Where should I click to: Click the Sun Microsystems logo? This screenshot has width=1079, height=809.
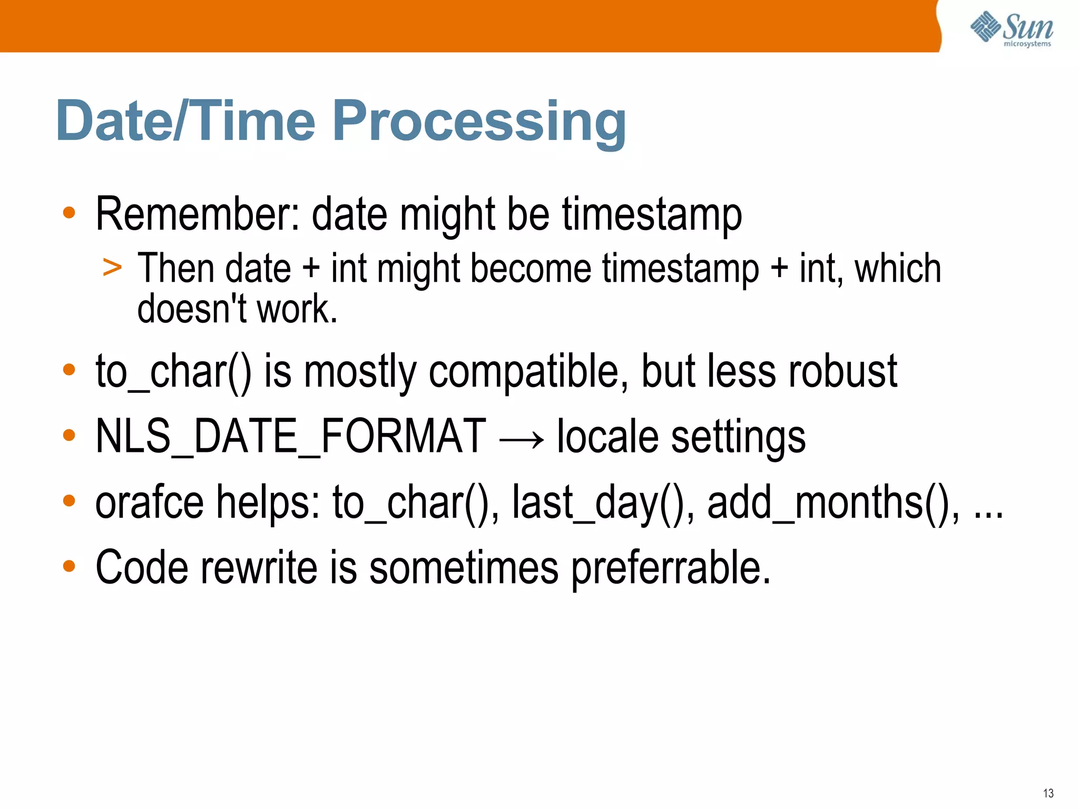pos(1012,29)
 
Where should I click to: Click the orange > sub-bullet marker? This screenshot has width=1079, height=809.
pos(112,268)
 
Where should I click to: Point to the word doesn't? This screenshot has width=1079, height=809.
pos(192,309)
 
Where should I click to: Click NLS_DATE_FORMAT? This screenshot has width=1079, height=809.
pos(290,436)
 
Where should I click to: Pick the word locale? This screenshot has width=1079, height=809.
pos(607,436)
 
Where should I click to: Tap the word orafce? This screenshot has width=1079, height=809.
pos(149,502)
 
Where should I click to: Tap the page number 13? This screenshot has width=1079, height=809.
pos(1048,793)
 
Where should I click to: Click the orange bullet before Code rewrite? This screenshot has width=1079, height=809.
pos(69,566)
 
